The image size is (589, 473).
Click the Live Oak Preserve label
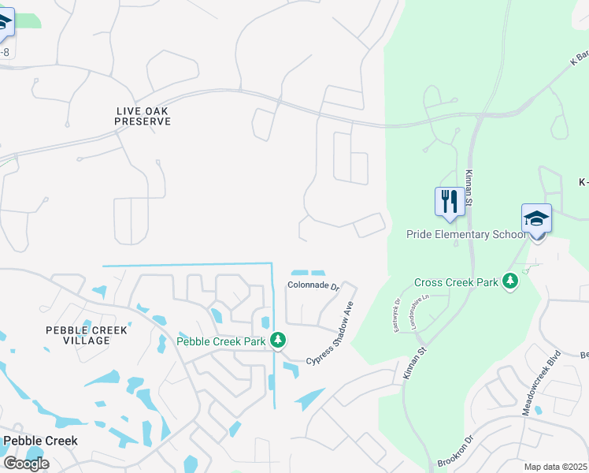coord(143,116)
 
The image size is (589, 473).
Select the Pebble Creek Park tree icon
coord(277,340)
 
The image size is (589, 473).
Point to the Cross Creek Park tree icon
coord(510,281)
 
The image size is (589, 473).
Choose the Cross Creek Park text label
coord(457,282)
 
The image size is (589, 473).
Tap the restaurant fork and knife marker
coord(449,200)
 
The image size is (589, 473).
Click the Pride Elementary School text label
coord(465,234)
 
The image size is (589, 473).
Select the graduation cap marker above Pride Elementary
coord(536,218)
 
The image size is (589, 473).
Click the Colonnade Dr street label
coord(313,286)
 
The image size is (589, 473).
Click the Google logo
coord(26,464)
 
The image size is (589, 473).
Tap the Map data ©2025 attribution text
coord(556,467)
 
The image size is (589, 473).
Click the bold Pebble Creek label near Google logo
coord(40,441)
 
